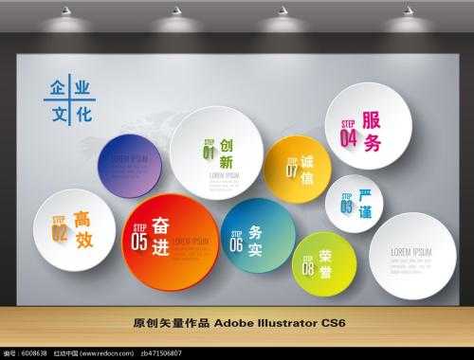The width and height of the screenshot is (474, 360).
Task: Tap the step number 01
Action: [x=209, y=152]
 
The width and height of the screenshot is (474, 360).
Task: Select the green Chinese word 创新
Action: [x=226, y=154]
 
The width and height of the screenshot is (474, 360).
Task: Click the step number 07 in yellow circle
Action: [x=292, y=171]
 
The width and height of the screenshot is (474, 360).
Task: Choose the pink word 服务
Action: [x=372, y=132]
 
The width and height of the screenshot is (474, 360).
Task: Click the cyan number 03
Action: [x=346, y=207]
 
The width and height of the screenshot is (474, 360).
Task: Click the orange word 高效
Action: [x=83, y=229]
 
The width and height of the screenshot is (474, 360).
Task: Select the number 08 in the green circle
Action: [x=308, y=268]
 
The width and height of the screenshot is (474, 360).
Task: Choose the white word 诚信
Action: [x=307, y=170]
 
